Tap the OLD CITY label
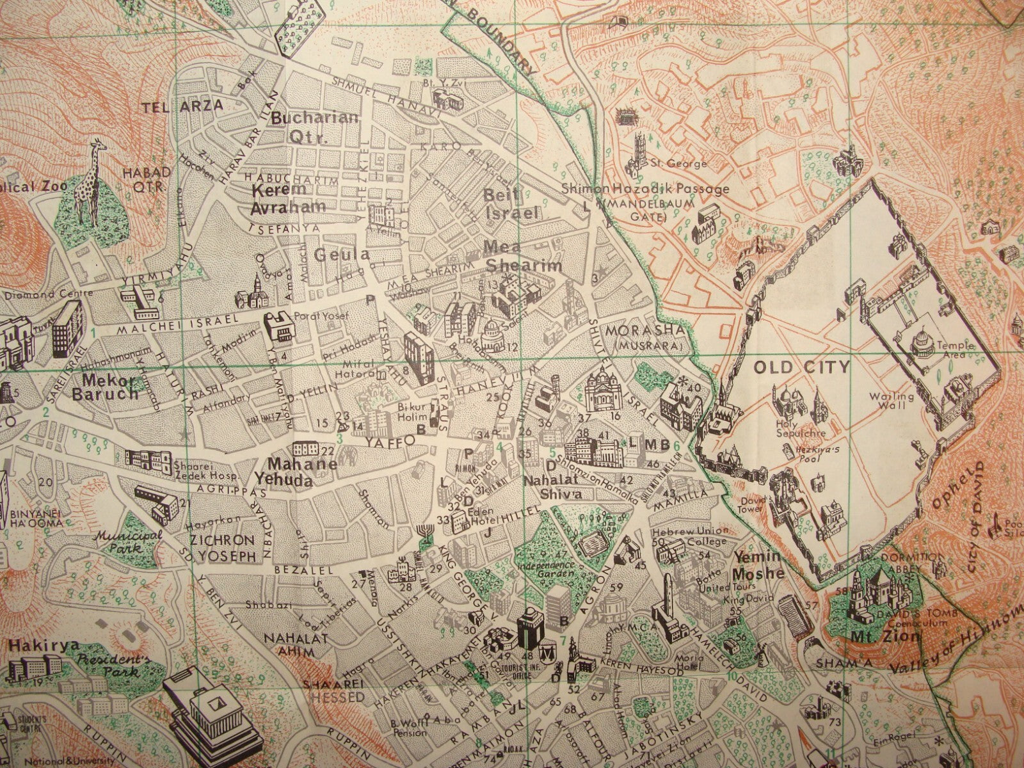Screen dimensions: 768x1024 click(x=801, y=367)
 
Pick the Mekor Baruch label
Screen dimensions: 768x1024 click(x=113, y=386)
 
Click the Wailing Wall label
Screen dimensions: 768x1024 click(x=896, y=401)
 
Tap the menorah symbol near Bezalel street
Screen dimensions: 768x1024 click(x=422, y=532)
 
